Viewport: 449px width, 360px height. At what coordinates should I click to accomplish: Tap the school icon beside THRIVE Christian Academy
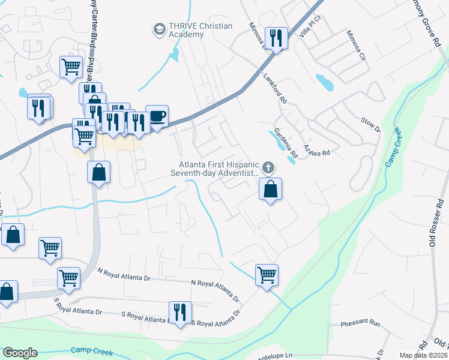tap(159, 29)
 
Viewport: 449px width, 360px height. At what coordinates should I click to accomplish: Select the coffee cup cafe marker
tap(157, 115)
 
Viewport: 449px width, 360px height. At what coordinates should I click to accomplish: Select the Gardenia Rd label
tap(286, 142)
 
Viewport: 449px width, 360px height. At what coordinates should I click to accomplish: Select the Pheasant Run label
tap(361, 323)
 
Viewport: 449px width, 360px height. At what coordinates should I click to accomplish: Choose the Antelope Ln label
tap(276, 355)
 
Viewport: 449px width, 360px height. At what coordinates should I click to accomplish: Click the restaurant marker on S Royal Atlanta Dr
tap(180, 312)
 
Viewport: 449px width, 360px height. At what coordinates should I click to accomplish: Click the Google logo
tap(20, 352)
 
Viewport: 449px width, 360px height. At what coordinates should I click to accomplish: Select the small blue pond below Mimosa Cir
tap(325, 82)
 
